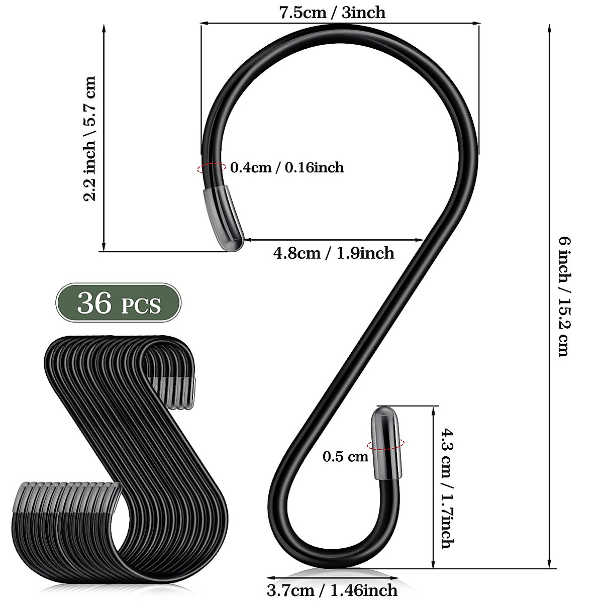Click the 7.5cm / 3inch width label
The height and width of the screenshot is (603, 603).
(x=332, y=12)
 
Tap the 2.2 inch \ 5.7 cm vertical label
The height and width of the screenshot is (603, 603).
(x=89, y=139)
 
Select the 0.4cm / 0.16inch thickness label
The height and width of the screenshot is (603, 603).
(x=287, y=167)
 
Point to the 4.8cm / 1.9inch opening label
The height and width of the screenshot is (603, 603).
(x=334, y=253)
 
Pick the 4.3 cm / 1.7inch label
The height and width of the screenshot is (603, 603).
(x=446, y=488)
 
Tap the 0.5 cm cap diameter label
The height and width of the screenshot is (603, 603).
(x=345, y=457)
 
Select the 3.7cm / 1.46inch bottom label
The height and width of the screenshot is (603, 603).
(x=332, y=590)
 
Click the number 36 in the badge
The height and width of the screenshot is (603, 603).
(x=94, y=303)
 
